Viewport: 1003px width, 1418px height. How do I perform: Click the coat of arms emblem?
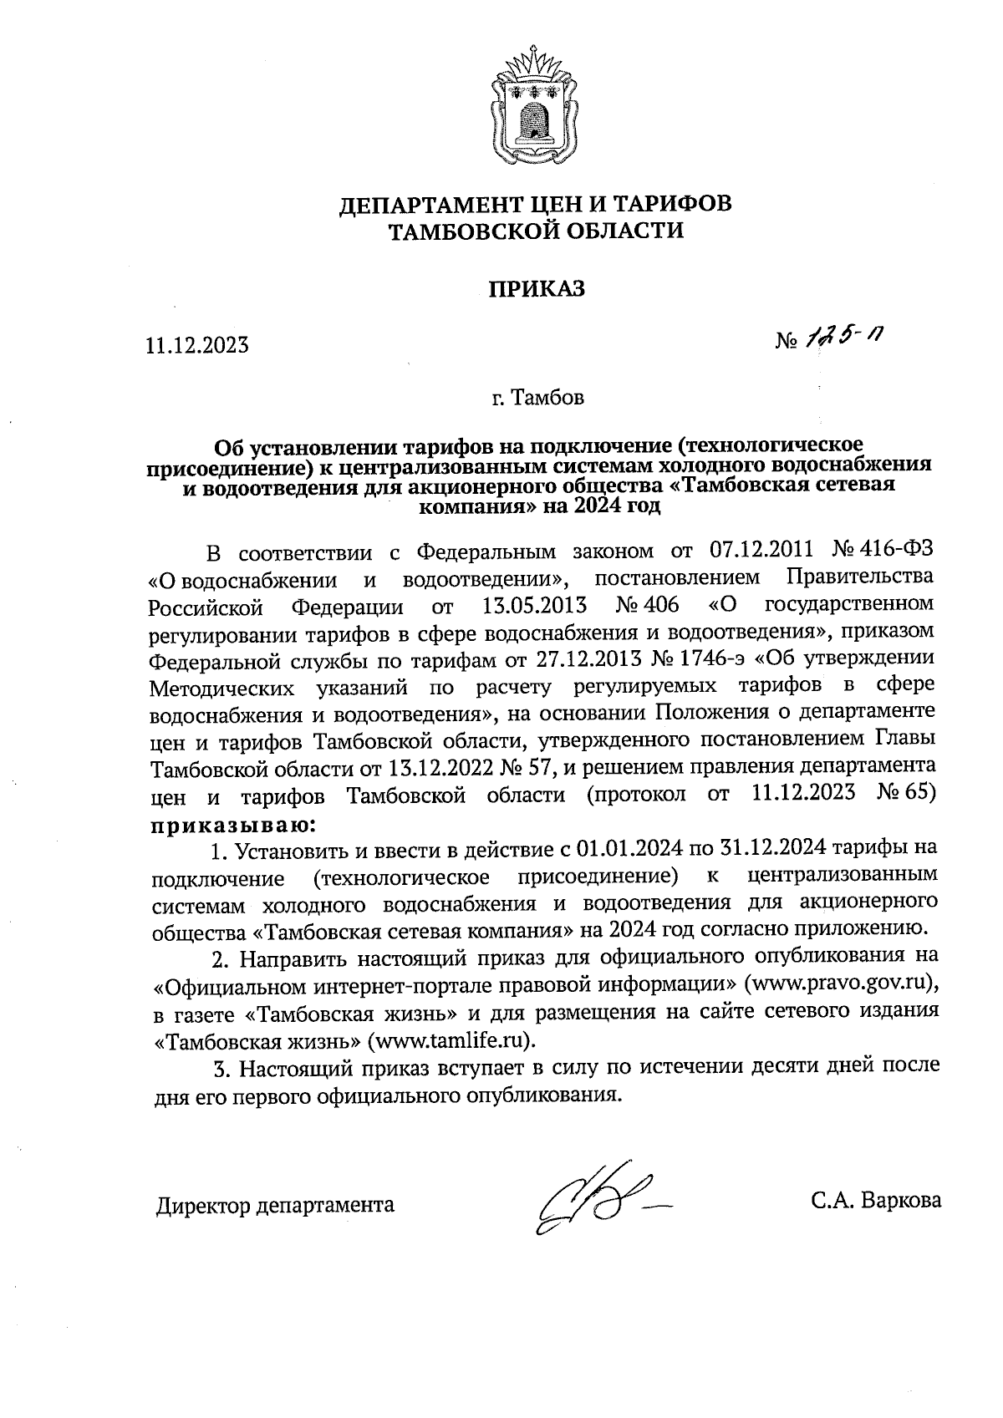tap(528, 109)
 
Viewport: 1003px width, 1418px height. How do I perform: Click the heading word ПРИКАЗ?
tap(537, 289)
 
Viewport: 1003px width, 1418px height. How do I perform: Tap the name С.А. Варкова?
tap(875, 1201)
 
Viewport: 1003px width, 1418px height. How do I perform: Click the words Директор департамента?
tap(275, 1204)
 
